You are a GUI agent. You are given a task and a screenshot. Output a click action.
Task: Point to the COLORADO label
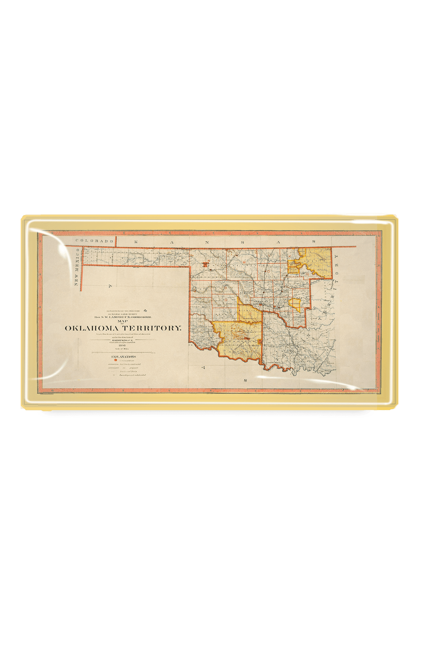[94, 241]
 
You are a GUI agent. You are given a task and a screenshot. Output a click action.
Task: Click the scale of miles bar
[123, 352]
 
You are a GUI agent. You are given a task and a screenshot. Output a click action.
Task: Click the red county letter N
[209, 260]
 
